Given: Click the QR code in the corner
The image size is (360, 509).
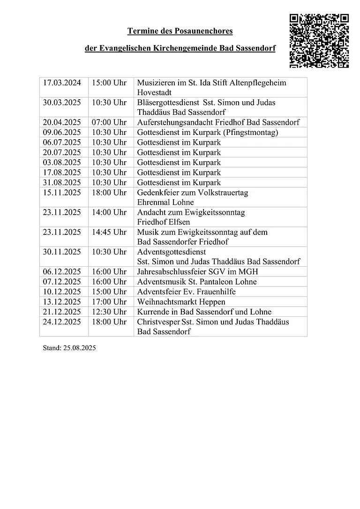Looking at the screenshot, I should [319, 41].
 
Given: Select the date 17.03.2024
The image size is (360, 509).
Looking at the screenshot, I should [62, 83].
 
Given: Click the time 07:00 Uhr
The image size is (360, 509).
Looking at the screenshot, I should [109, 122].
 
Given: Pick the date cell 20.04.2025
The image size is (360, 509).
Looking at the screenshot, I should [62, 122].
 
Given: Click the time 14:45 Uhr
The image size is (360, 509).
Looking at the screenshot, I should [109, 232].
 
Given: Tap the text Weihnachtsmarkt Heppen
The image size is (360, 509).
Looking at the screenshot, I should [181, 302].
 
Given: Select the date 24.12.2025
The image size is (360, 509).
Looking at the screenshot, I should [62, 322].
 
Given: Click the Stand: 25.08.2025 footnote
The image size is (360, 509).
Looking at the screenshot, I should [69, 348].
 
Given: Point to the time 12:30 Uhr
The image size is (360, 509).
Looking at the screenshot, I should [109, 312].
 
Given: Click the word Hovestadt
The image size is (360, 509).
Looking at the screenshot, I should [154, 93].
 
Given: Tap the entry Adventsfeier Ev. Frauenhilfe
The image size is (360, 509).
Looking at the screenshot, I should [186, 292].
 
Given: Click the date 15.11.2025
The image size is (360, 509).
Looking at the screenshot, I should [62, 193].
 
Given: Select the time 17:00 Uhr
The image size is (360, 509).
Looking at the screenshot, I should [109, 302].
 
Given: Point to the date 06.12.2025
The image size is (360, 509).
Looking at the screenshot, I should [62, 272].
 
